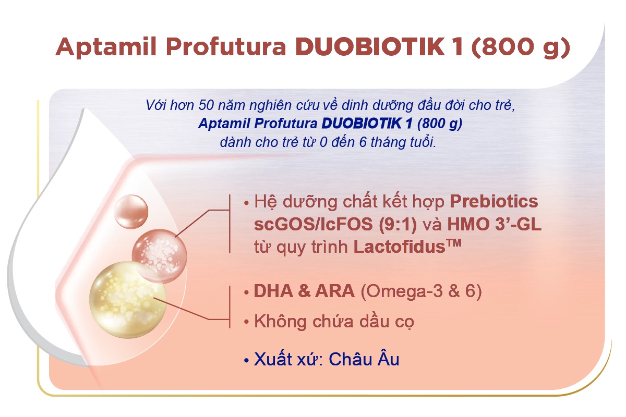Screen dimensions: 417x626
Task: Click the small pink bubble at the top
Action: (x=131, y=212)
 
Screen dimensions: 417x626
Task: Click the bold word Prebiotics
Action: (x=493, y=202)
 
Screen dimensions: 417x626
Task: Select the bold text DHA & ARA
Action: (x=304, y=291)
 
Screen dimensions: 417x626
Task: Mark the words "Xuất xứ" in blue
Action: (x=287, y=359)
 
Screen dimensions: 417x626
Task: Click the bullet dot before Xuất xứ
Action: (x=246, y=360)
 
